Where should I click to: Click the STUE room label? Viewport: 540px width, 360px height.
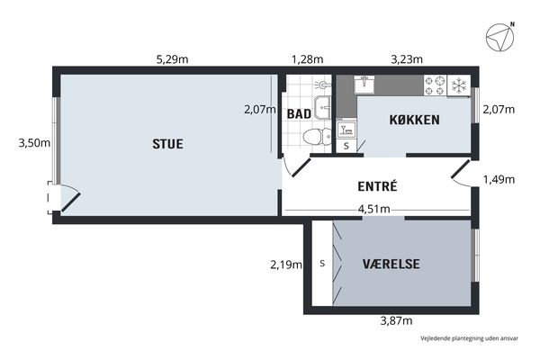click(x=167, y=144)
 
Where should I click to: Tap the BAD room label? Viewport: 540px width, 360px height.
click(x=299, y=114)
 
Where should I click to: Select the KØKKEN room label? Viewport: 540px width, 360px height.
click(x=414, y=120)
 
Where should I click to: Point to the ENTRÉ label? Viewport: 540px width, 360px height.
click(x=377, y=186)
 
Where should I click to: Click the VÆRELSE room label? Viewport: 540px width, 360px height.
click(x=391, y=265)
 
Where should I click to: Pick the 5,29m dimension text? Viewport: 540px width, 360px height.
click(x=172, y=59)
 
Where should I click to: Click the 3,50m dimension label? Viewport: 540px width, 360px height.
click(x=34, y=142)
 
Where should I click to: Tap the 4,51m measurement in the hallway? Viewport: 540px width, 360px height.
click(x=374, y=209)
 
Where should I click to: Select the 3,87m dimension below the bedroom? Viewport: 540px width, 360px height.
click(x=396, y=321)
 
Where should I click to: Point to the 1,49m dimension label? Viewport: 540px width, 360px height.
click(x=499, y=179)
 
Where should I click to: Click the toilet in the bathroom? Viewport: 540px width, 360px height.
click(x=317, y=136)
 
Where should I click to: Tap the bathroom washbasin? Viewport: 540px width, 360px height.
click(x=322, y=107)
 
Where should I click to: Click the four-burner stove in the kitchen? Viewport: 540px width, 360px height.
click(x=435, y=85)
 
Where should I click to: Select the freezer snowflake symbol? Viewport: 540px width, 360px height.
click(x=459, y=85)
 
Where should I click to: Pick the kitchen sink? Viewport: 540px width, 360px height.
click(x=364, y=84)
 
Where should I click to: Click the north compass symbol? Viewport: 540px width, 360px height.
click(x=500, y=37)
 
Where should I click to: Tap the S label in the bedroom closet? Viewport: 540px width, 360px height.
click(x=322, y=264)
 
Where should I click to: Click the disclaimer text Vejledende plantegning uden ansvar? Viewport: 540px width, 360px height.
click(x=469, y=338)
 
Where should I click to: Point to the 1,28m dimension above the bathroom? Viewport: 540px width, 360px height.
click(x=308, y=59)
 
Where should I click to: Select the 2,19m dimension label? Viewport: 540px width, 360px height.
click(x=286, y=265)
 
